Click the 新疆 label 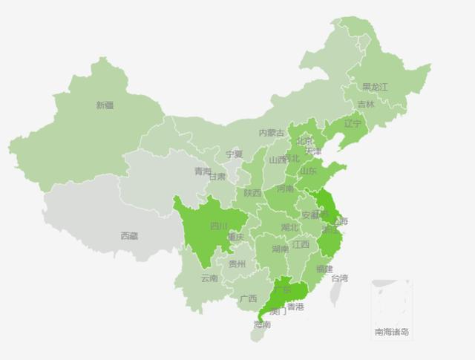point(105,105)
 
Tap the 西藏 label point(129,236)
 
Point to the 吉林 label point(366,105)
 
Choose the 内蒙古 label point(272,133)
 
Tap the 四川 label point(219,226)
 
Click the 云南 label point(209,278)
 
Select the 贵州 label point(237,264)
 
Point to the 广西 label point(248,298)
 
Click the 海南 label point(261,324)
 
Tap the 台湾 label point(339,278)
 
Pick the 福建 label point(324,268)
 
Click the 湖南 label point(281,249)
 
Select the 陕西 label point(252,193)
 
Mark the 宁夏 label point(234,154)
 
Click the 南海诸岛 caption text point(391,332)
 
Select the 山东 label point(308,171)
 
